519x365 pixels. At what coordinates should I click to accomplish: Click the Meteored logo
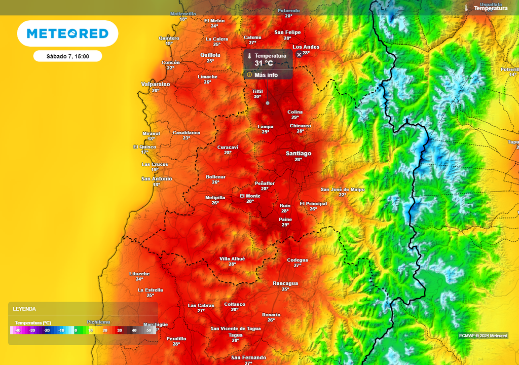tap(67, 33)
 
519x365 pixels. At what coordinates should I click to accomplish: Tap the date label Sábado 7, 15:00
tap(67, 56)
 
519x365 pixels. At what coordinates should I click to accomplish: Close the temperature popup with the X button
tap(299, 54)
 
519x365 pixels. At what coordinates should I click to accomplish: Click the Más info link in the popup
tap(266, 75)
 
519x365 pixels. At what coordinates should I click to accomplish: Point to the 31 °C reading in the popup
tap(264, 63)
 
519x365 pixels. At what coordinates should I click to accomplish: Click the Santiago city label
tap(299, 153)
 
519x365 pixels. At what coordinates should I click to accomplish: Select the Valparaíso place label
tap(156, 84)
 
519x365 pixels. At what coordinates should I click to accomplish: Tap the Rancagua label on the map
tap(285, 283)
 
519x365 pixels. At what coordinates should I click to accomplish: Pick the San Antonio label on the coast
tap(157, 179)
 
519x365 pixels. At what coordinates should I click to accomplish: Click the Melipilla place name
tap(215, 197)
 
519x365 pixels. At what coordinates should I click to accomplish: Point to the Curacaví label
tap(228, 147)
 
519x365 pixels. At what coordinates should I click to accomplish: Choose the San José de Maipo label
tap(343, 190)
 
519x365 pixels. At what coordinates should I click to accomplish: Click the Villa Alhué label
tap(232, 259)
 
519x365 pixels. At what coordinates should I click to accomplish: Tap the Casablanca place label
tap(187, 133)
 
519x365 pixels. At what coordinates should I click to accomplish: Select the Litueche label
tap(139, 274)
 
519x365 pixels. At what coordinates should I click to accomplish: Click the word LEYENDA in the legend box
tap(24, 309)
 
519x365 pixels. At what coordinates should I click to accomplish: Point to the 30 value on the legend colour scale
tap(120, 331)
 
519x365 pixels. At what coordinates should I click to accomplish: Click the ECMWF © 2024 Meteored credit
tap(483, 336)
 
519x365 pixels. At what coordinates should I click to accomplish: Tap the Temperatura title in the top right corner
tap(490, 8)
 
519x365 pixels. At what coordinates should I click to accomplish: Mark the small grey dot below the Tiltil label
tap(268, 103)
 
